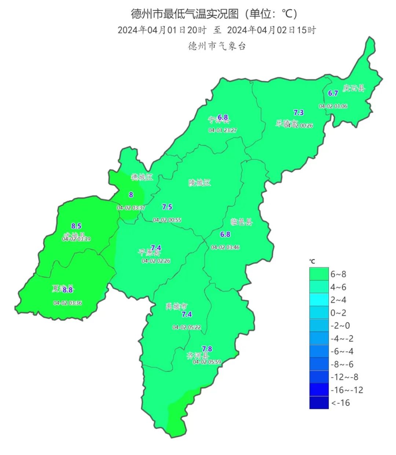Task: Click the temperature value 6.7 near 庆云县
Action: pos(333,93)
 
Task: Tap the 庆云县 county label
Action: pos(354,88)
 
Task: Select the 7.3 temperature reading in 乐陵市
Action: pos(299,113)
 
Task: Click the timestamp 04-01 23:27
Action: pos(223,130)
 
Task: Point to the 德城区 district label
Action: pos(142,177)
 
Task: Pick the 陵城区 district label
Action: pos(200,182)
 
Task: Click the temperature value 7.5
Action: pos(167,207)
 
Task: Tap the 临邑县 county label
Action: pos(242,222)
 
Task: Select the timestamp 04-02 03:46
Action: pos(225,247)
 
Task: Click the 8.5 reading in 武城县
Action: pos(76,226)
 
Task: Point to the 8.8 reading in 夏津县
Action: pos(68,290)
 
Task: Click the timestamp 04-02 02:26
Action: pos(156,261)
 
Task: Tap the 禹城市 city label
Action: pos(176,306)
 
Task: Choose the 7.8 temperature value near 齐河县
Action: pos(207,349)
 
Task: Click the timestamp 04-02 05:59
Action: pos(207,362)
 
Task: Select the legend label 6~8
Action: pos(338,274)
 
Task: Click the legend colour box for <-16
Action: pos(319,403)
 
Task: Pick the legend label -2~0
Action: pos(340,325)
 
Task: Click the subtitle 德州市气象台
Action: pos(217,46)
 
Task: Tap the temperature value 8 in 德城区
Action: pos(131,195)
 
